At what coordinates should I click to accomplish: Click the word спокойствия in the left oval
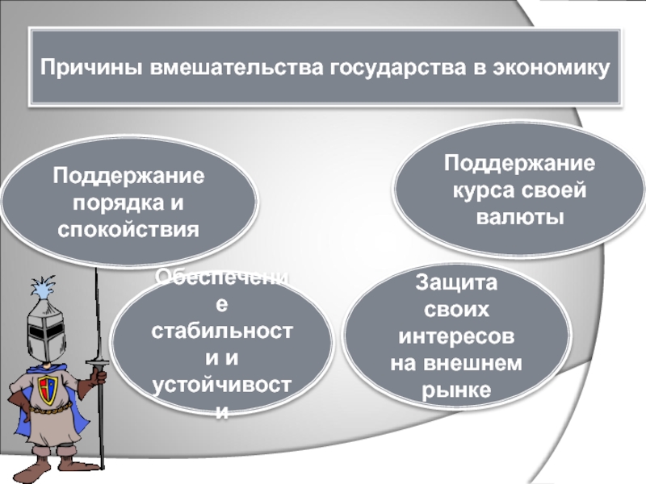click(x=128, y=230)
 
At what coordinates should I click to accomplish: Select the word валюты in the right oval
click(x=520, y=218)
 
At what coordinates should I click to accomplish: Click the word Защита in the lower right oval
click(x=457, y=282)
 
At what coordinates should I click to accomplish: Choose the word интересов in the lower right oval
click(x=457, y=336)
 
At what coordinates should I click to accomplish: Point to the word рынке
click(x=457, y=390)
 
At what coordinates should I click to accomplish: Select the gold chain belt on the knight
click(x=52, y=414)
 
